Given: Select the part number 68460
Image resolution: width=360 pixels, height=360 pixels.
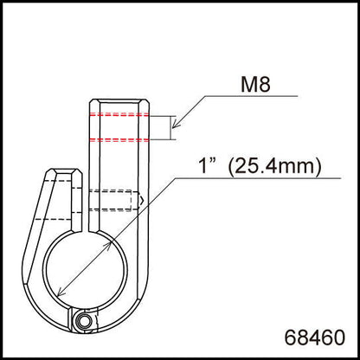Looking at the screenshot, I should tap(315, 332).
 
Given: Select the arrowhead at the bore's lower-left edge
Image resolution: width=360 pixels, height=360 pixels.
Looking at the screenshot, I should tap(61, 292).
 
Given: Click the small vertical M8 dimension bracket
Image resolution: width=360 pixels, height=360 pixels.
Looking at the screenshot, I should tap(172, 127).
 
